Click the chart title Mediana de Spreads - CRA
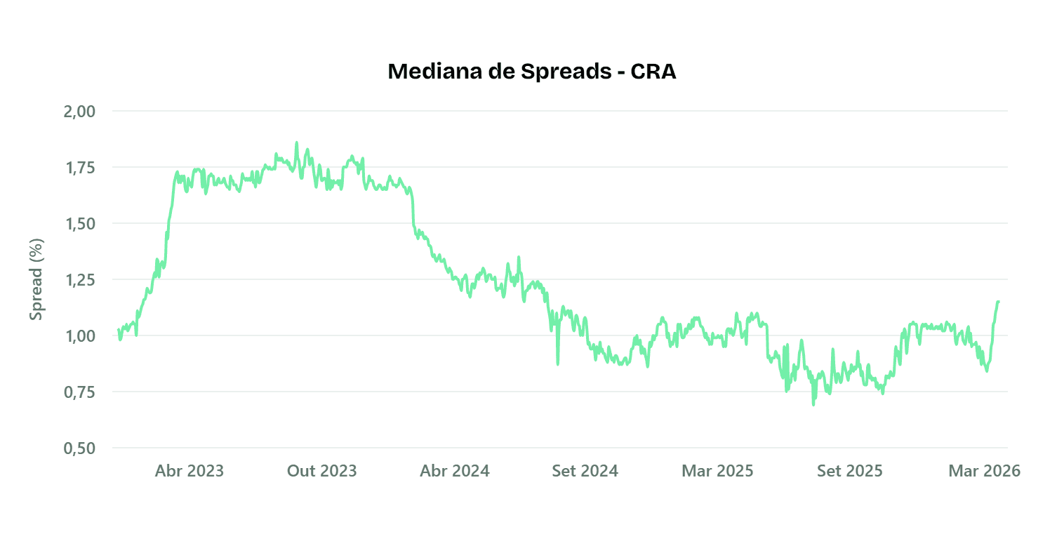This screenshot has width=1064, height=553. coord(531,72)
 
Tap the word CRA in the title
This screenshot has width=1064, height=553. coord(653,72)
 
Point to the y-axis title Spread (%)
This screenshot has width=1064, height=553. coord(36,279)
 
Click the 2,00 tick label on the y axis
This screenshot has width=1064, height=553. coord(79,112)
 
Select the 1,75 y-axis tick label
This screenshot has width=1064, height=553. coord(79,168)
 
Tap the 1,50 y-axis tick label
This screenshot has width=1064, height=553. coord(79,224)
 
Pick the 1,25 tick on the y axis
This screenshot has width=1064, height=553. coord(79,280)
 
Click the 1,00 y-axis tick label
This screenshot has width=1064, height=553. coord(79,336)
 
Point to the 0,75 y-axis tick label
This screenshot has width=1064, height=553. coord(79,392)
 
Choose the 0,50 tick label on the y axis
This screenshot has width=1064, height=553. coord(79,448)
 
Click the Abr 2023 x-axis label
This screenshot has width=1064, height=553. coord(189,471)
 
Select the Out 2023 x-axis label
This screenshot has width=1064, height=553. coord(322,471)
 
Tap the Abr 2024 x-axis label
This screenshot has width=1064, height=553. coord(455,471)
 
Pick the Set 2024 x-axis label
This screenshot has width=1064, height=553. coord(585,471)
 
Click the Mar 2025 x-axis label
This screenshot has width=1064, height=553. coord(717,471)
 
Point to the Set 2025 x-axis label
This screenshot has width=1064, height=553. coord(849,471)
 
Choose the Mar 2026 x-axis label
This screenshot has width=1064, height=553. coord(984,471)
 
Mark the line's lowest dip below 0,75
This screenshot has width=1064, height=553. coord(813,404)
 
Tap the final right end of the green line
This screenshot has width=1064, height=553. coord(998,302)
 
